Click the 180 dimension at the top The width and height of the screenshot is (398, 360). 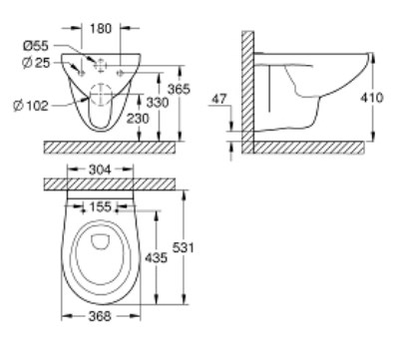point(101,29)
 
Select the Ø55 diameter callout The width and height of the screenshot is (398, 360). point(36,46)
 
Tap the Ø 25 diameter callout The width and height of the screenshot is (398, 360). point(36,63)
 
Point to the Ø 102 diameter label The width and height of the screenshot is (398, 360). point(31,106)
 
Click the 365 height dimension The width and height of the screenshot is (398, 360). point(179,89)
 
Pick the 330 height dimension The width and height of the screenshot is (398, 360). point(158,103)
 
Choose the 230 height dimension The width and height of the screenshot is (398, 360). point(138,119)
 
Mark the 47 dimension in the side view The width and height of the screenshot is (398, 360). point(219,99)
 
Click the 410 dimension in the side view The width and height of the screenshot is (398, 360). point(372,98)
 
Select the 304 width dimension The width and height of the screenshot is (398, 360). point(100,170)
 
